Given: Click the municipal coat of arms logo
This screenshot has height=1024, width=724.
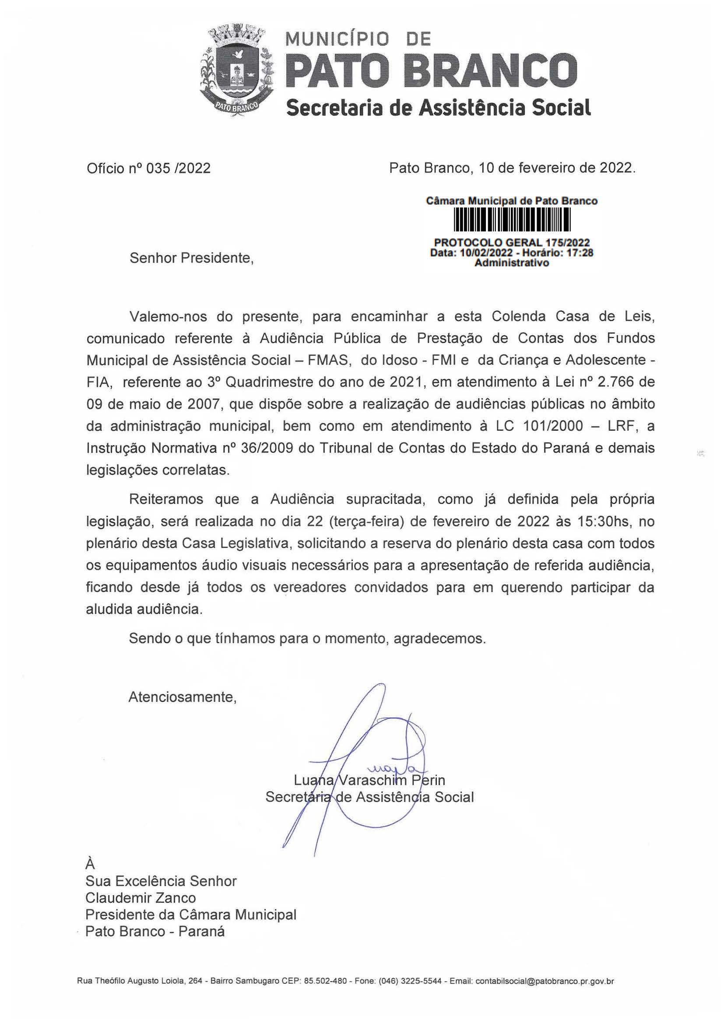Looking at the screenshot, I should click(x=237, y=71).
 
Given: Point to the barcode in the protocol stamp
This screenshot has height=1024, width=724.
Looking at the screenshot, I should click(x=512, y=221).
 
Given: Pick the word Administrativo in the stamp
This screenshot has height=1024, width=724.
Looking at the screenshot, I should click(x=511, y=263).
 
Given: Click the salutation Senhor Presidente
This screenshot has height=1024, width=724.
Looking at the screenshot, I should click(x=191, y=258).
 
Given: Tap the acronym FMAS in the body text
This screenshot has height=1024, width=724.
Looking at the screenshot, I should click(x=328, y=360).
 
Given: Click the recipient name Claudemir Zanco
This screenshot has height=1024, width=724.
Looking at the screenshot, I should click(x=141, y=897).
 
